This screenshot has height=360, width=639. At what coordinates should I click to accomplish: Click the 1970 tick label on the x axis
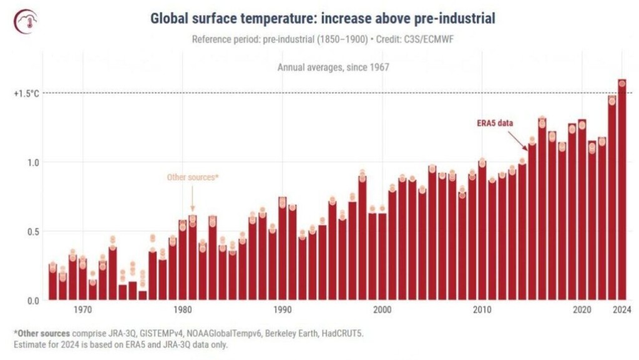point(83,310)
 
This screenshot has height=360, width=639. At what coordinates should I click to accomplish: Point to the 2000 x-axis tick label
point(383,310)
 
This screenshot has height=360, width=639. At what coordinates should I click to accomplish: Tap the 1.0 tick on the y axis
point(33,162)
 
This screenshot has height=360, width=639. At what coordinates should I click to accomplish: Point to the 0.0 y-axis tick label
point(33,301)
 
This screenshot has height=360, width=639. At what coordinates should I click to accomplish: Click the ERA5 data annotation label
point(495,123)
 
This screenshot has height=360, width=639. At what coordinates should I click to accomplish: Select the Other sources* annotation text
point(192,178)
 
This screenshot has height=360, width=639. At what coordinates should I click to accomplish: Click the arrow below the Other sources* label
point(192,199)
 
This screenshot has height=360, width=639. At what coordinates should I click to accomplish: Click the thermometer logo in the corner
point(26,21)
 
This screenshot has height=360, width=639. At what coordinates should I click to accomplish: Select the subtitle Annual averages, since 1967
point(333,67)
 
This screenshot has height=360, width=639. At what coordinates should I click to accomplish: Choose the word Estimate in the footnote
point(29,344)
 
